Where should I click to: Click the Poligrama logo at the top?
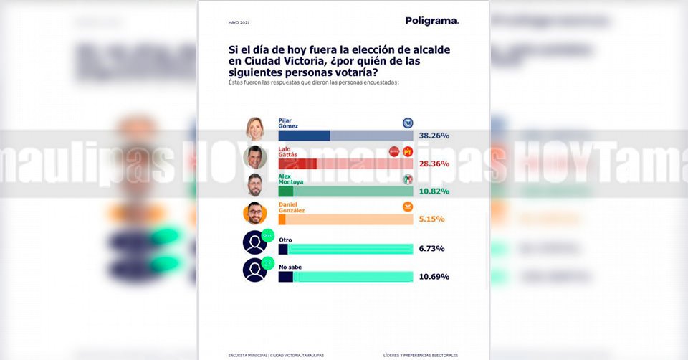point(431,21)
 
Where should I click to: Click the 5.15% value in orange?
point(432,219)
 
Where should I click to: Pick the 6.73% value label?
point(432,248)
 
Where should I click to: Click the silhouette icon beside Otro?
point(255,242)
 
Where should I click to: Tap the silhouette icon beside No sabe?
point(255,270)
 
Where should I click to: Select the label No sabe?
point(289,267)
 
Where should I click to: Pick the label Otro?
point(285,240)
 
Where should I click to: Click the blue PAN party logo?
point(408,123)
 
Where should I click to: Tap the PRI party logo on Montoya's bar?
point(408,179)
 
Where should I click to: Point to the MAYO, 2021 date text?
point(238,23)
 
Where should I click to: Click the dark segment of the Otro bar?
point(282,249)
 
